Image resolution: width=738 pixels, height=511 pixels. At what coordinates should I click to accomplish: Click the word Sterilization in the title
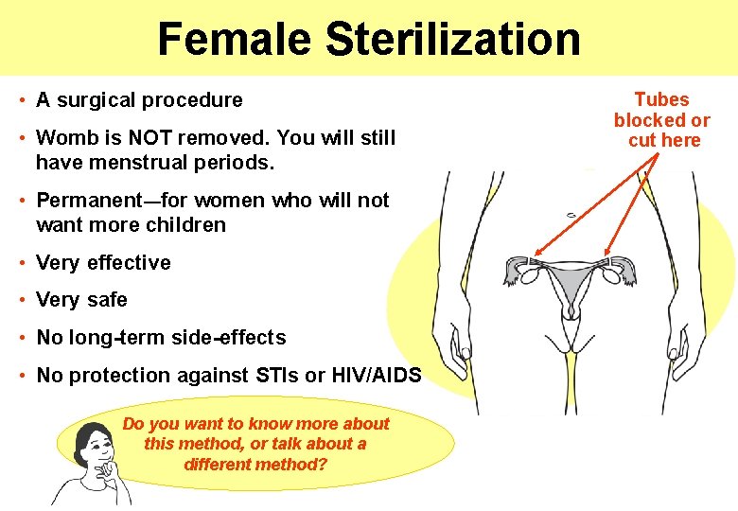tap(452, 39)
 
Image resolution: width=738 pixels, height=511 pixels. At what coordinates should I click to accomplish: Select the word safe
tap(107, 300)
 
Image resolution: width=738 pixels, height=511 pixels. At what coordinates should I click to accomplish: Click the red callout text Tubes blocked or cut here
tap(661, 120)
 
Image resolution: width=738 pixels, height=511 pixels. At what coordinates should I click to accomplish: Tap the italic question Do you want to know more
tap(255, 444)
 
